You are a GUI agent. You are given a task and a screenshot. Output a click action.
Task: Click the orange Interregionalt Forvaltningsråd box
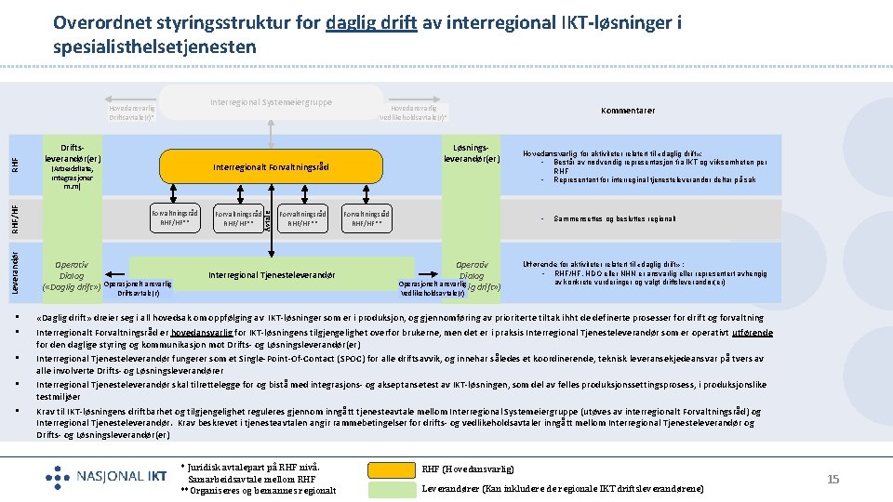[x=271, y=166]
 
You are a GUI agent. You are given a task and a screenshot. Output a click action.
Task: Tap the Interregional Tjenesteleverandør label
[x=271, y=275]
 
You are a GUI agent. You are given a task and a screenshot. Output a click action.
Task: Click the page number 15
[x=833, y=479]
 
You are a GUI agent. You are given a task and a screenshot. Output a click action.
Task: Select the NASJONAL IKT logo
[x=106, y=477]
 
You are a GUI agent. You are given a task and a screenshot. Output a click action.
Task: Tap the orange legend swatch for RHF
[x=392, y=469]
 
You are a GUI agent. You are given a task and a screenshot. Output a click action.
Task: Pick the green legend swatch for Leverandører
[x=392, y=488]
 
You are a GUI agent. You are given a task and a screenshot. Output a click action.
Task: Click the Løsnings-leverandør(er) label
[x=472, y=152]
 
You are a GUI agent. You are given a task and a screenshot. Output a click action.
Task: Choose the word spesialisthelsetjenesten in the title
[x=154, y=46]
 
